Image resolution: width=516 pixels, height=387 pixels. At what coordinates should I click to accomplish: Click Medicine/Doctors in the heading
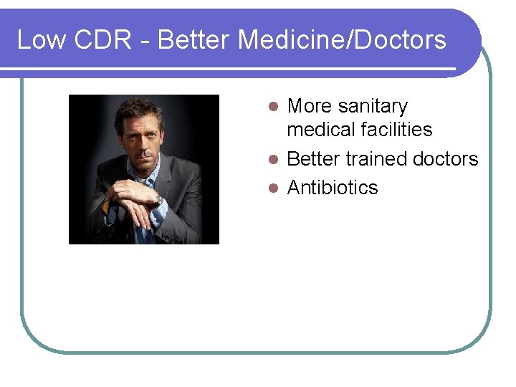[x=342, y=39]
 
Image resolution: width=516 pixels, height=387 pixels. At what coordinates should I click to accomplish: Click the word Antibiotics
[x=333, y=188]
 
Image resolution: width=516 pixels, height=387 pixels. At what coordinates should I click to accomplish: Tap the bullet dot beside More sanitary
[x=272, y=107]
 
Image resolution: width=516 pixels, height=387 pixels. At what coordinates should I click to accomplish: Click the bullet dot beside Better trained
[x=272, y=159]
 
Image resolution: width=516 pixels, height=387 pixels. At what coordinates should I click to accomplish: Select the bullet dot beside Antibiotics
[x=272, y=188]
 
